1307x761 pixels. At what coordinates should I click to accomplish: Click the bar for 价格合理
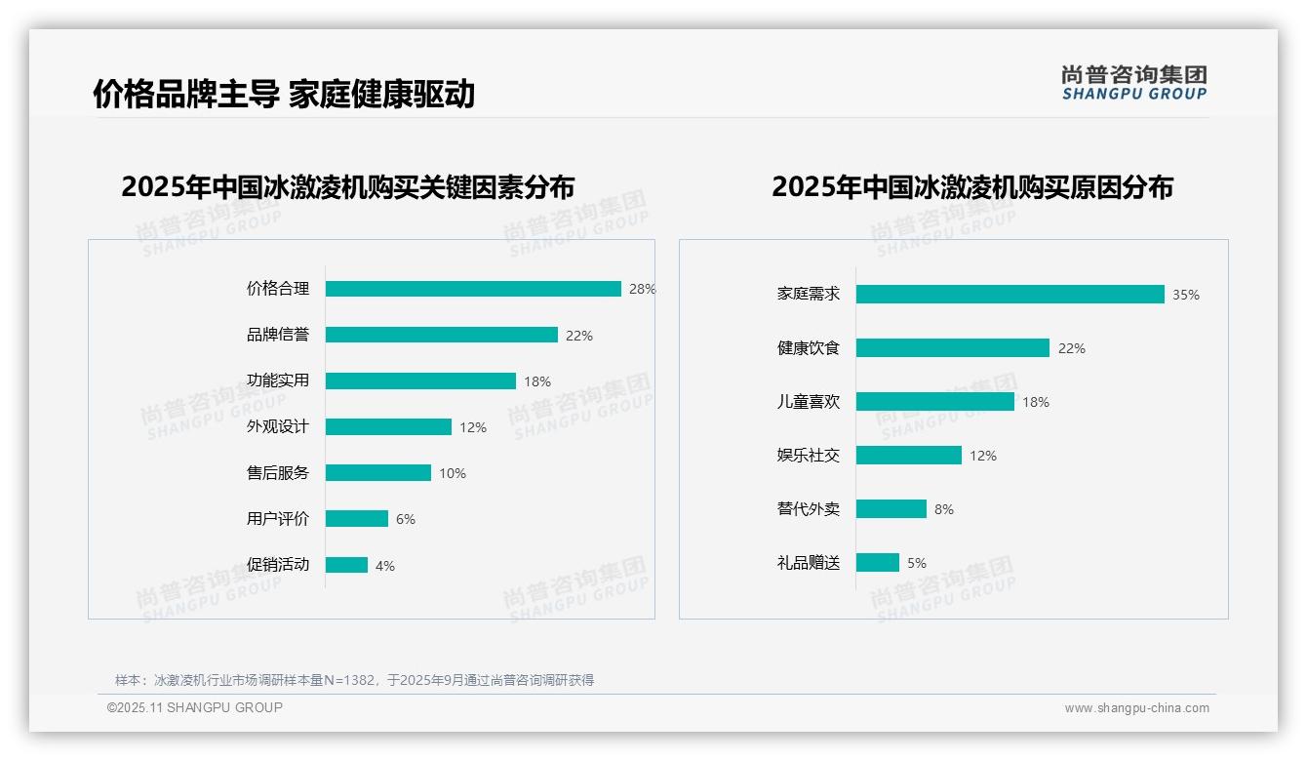coord(473,289)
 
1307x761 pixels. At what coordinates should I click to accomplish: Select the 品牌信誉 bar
coord(441,335)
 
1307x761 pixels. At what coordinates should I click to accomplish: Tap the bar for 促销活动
coord(346,565)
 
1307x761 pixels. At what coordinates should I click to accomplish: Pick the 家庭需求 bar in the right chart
coord(1010,295)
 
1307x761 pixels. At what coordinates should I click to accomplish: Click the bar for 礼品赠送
coord(878,563)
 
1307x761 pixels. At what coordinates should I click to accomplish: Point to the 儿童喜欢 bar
coord(934,402)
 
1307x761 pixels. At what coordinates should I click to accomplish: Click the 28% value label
coord(642,290)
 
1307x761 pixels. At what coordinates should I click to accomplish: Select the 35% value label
coord(1186,295)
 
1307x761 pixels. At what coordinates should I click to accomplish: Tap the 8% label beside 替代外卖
coord(944,509)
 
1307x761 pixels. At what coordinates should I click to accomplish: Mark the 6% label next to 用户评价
coord(406,519)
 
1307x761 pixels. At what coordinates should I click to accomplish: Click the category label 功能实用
coord(278,380)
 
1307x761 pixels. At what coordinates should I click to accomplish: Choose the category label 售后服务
coord(278,473)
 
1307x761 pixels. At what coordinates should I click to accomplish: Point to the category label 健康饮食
coord(809,348)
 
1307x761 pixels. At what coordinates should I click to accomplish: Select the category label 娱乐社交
coord(809,456)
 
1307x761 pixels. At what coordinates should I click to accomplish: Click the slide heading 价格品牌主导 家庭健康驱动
coord(284,94)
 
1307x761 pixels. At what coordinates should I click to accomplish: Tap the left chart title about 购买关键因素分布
coord(348,186)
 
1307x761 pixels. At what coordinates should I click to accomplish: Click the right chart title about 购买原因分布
coord(972,186)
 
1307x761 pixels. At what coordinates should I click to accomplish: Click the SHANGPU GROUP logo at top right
coord(1134,83)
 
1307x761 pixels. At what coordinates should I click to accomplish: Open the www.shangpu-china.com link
coord(1136,708)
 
